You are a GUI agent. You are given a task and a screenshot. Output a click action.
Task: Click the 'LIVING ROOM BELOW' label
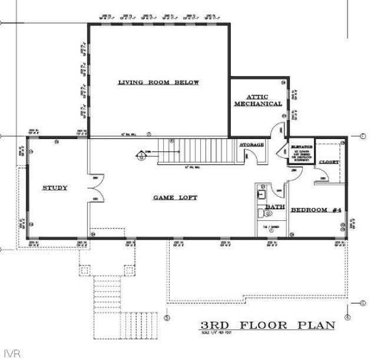(x=158, y=82)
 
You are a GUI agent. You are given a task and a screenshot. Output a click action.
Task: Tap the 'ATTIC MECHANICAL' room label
(x=257, y=100)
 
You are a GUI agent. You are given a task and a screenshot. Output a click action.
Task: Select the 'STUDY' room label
(x=54, y=188)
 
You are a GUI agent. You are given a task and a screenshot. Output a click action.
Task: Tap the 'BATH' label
(x=275, y=207)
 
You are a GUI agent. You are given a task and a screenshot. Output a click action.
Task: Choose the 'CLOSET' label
(x=328, y=162)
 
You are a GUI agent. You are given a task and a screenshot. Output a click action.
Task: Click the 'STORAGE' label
(x=252, y=144)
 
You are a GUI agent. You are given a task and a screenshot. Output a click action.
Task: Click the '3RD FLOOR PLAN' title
(x=268, y=325)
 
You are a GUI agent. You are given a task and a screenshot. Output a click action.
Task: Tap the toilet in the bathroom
(x=266, y=214)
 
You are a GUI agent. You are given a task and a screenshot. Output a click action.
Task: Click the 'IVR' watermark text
(x=11, y=354)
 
